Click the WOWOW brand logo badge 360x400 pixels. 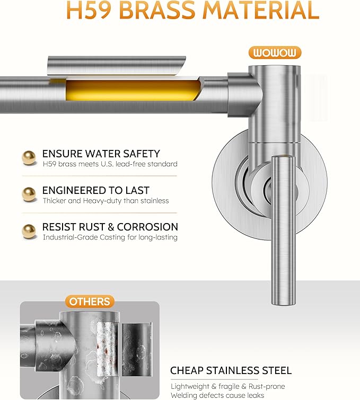click(x=275, y=52)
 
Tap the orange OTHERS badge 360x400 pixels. click(x=90, y=301)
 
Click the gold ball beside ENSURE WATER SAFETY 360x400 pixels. click(x=29, y=158)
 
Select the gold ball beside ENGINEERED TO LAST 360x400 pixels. click(x=29, y=194)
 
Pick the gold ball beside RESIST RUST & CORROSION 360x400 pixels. click(x=29, y=231)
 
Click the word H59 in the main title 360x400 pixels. click(x=89, y=10)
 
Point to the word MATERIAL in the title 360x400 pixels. click(x=261, y=10)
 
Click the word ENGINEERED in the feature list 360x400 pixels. click(x=74, y=190)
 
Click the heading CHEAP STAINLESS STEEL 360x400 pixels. click(x=231, y=370)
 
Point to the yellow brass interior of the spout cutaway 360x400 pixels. click(x=132, y=90)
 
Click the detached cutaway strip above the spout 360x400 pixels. click(x=117, y=65)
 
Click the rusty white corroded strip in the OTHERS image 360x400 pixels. click(x=107, y=349)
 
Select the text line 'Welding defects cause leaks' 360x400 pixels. click(x=217, y=395)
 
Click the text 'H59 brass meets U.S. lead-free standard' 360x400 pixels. click(x=110, y=164)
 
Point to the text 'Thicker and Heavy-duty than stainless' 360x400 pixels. click(x=106, y=201)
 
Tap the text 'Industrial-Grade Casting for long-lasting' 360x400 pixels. click(x=110, y=237)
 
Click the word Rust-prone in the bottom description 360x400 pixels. click(x=267, y=386)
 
